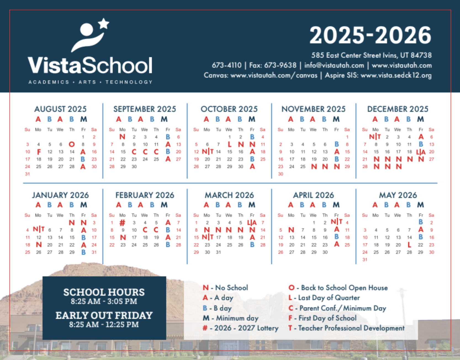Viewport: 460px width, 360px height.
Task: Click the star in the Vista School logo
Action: (104, 23)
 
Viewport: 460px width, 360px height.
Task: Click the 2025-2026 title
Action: (370, 35)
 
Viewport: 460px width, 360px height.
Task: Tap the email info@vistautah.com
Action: (334, 65)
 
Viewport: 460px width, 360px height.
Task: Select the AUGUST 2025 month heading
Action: (60, 109)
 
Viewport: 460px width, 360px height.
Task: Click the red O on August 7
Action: (72, 144)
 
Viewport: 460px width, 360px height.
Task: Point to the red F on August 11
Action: (39, 152)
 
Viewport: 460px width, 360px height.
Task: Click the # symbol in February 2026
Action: (123, 223)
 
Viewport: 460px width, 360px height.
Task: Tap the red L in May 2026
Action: (409, 245)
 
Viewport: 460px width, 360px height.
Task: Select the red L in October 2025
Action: (229, 144)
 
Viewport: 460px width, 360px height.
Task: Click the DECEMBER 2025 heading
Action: (398, 109)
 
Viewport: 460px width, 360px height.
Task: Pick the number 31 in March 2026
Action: (218, 252)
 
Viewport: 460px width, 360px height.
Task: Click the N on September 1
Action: (122, 137)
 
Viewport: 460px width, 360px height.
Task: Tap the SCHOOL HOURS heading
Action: (104, 292)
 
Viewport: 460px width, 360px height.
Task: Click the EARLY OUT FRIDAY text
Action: (104, 315)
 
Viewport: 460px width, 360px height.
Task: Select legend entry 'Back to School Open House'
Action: (338, 288)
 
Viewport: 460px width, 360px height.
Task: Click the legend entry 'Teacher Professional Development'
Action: (347, 328)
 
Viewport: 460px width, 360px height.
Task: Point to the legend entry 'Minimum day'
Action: (231, 318)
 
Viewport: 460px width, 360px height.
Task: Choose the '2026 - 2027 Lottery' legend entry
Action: (240, 328)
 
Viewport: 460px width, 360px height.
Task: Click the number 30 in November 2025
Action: (281, 174)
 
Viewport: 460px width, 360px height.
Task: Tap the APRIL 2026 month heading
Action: (313, 195)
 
